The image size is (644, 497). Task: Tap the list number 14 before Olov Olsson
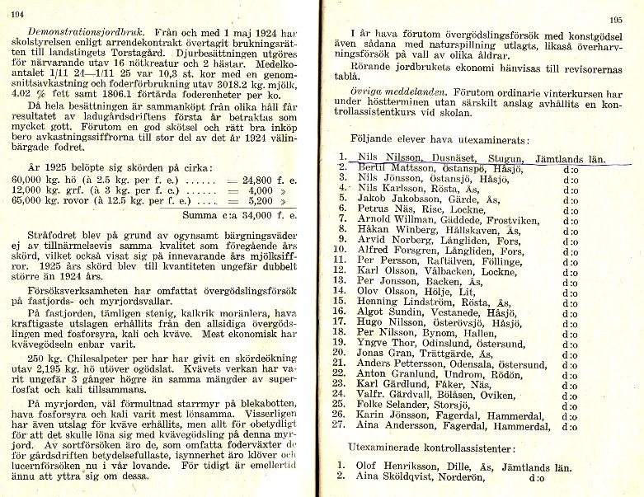click(338, 291)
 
